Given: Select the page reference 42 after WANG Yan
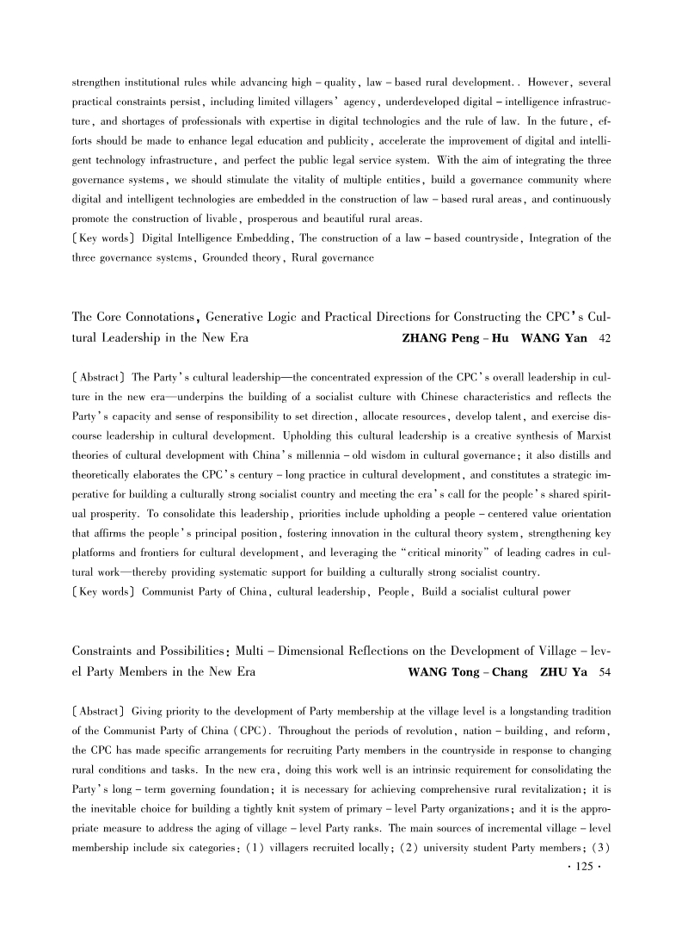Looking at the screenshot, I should tap(604, 338).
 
